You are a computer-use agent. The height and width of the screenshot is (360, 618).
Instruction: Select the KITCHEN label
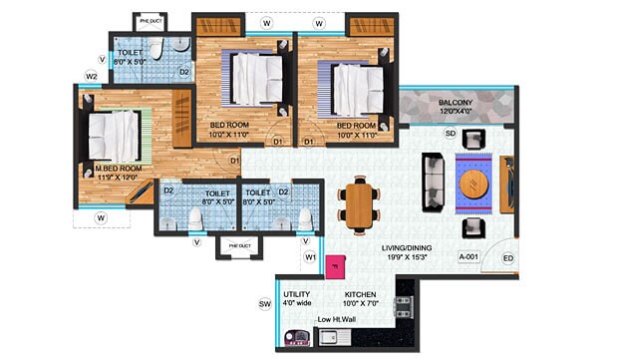[x=361, y=295]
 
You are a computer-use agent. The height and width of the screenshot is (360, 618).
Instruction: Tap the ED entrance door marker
[x=507, y=259]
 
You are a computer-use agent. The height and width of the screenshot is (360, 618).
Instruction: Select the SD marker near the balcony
[x=450, y=134]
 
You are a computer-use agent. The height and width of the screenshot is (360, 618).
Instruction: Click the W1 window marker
[x=310, y=258]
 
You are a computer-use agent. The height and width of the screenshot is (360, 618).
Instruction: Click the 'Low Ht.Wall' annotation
[x=336, y=320]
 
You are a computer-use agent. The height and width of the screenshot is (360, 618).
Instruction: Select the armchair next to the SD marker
[x=474, y=139]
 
